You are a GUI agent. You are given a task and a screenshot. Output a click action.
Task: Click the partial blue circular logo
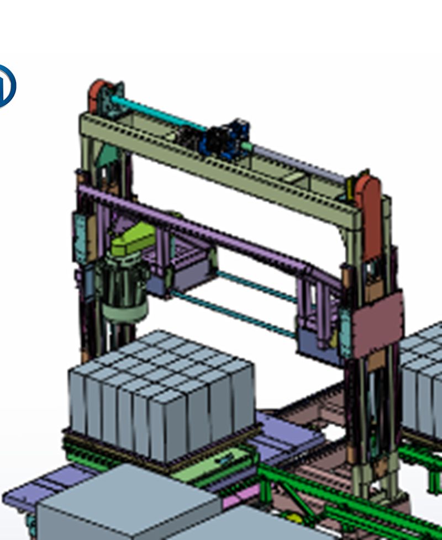7,86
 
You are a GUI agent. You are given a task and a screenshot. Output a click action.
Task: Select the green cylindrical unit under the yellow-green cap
124,293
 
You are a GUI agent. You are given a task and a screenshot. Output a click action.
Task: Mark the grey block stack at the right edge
423,375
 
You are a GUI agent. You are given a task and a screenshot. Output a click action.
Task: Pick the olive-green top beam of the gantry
221,166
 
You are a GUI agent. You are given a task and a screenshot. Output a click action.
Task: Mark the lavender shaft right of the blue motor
298,160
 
